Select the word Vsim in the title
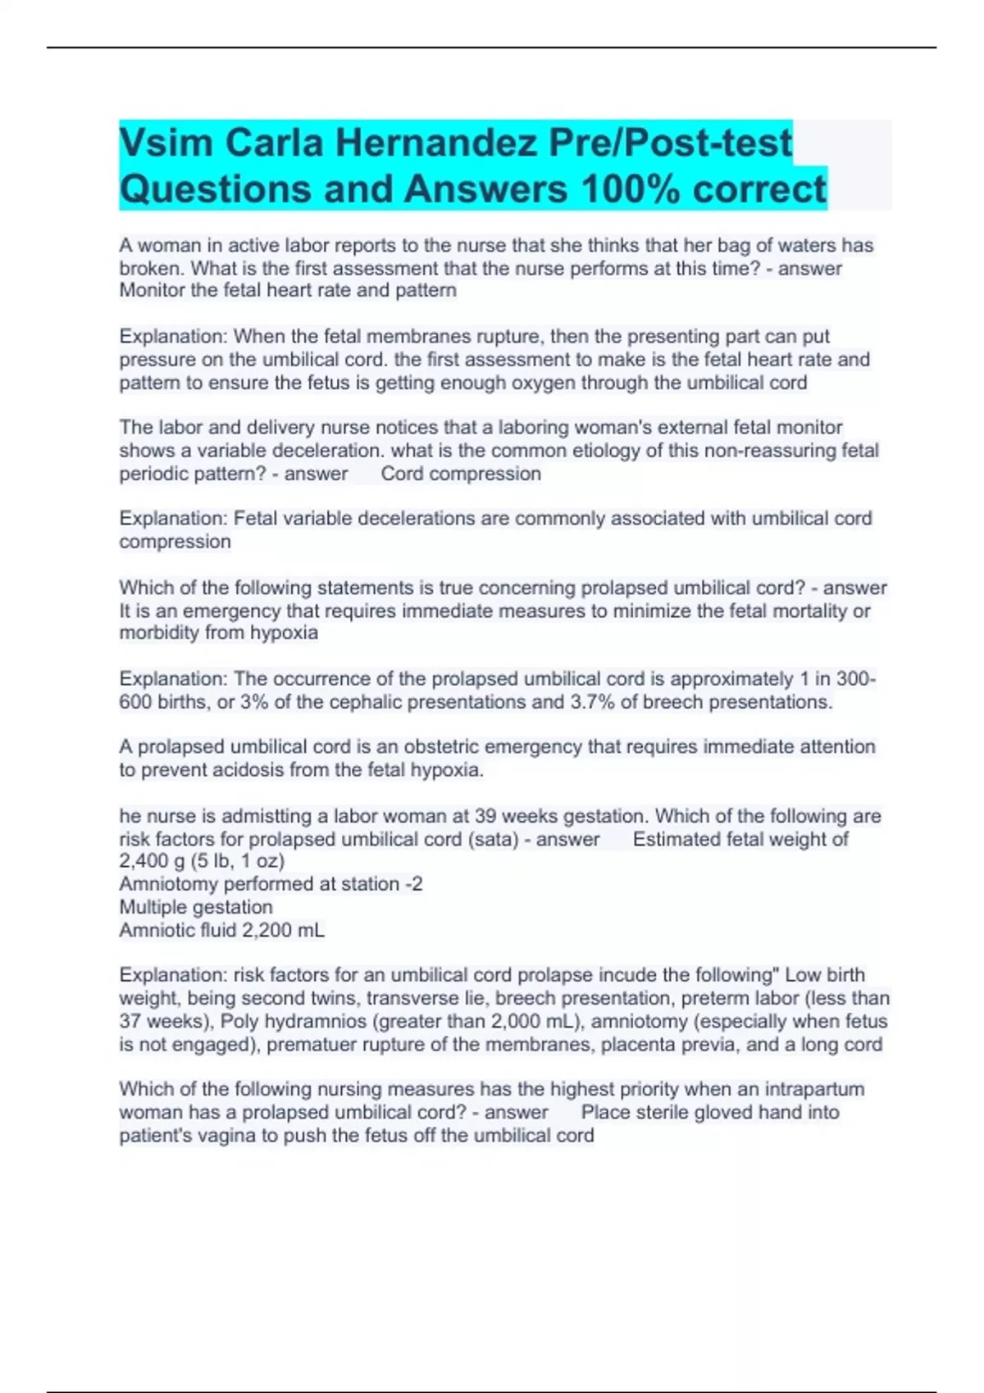point(166,143)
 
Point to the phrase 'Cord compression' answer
point(461,474)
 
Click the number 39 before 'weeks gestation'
point(485,816)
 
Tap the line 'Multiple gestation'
point(196,907)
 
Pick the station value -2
point(413,884)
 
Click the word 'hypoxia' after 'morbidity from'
point(284,633)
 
